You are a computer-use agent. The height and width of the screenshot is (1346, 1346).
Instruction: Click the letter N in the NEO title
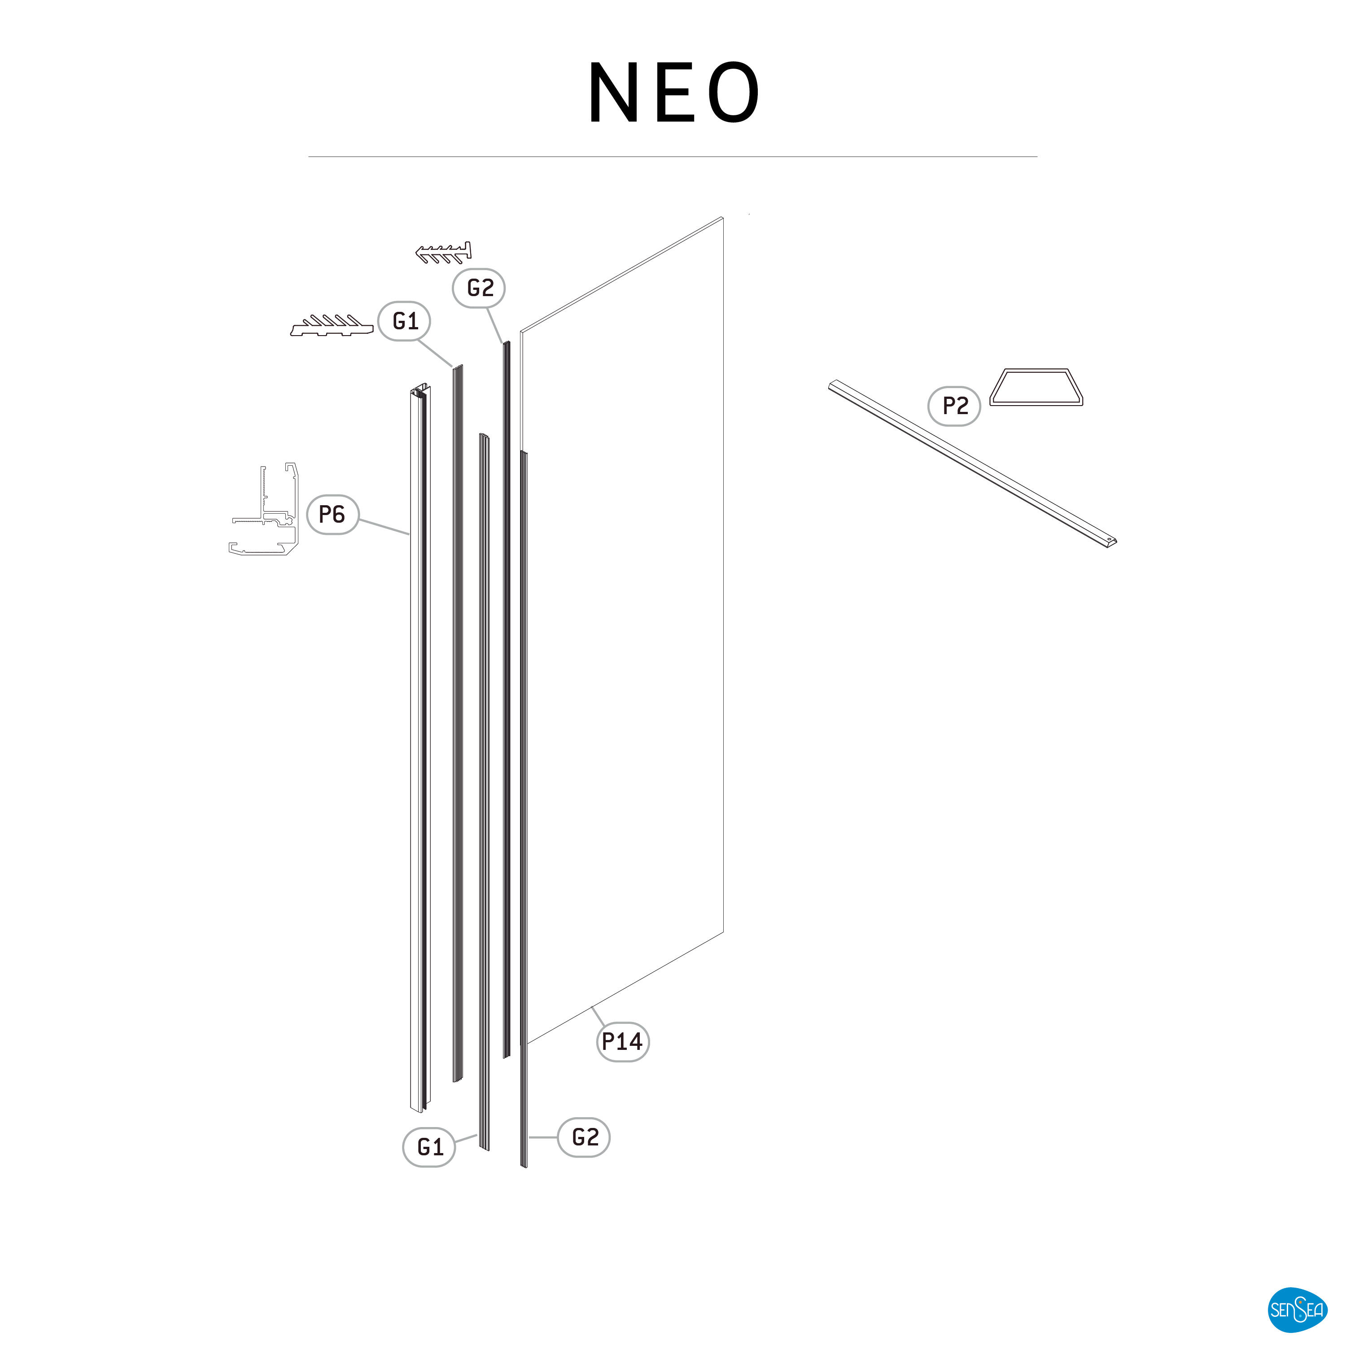(x=613, y=93)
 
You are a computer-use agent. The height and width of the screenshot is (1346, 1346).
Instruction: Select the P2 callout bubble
(x=954, y=406)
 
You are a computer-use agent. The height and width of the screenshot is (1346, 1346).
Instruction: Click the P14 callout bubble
(x=622, y=1041)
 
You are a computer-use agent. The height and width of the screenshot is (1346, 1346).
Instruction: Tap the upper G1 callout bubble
(x=404, y=320)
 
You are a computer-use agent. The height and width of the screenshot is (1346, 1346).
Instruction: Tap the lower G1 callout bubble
(x=429, y=1147)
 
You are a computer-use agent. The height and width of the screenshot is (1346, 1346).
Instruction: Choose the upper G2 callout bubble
(x=479, y=288)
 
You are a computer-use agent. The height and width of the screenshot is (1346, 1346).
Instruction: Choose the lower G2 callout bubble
(x=584, y=1137)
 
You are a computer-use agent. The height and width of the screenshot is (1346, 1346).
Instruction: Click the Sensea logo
(x=1296, y=1310)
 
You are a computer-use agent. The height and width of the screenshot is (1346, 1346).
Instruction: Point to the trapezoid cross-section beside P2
(x=1036, y=387)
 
